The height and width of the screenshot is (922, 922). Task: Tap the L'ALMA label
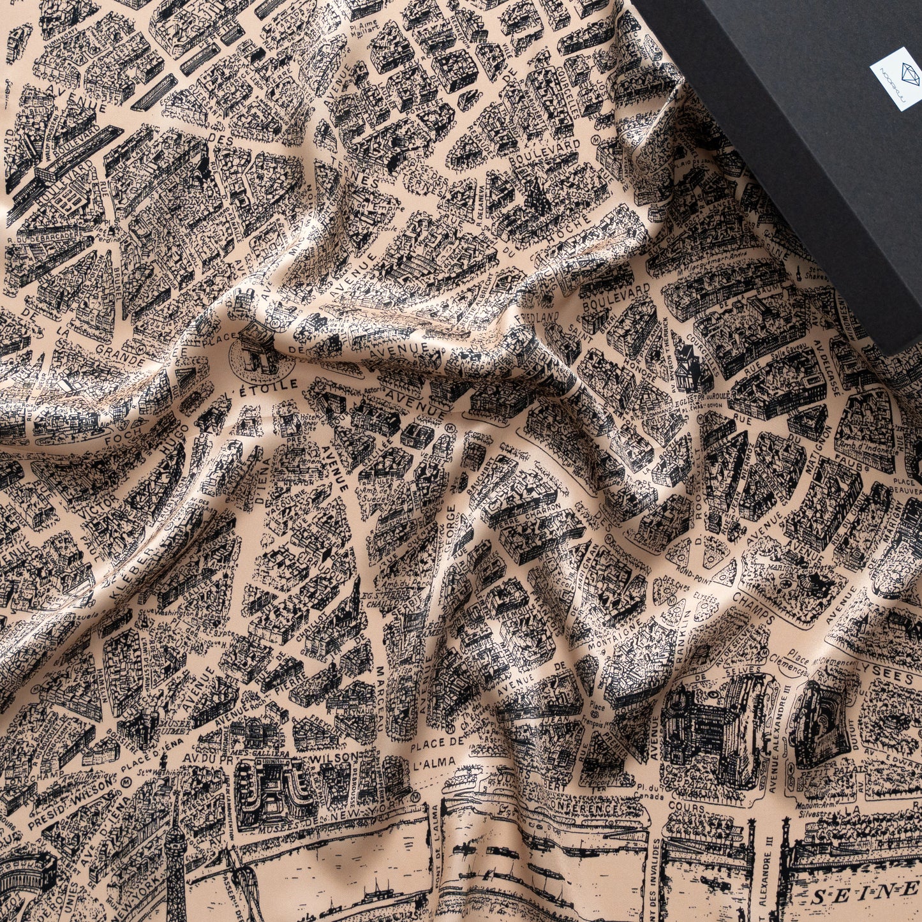(434, 762)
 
